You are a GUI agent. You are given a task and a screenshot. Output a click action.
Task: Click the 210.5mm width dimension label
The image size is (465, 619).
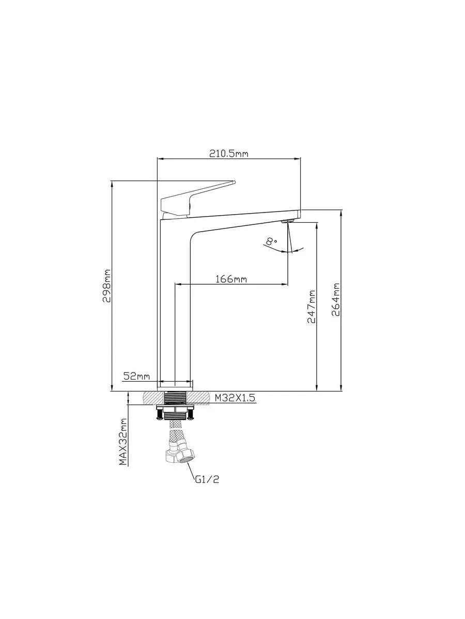click(x=229, y=154)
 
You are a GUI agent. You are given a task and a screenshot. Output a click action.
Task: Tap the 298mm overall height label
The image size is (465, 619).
click(x=107, y=286)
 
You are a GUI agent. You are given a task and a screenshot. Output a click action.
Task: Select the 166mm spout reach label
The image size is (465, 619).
click(x=231, y=279)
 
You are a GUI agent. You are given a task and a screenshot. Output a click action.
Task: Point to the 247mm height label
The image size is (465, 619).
click(x=312, y=306)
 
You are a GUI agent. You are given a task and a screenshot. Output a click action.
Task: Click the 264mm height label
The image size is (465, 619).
click(x=335, y=300)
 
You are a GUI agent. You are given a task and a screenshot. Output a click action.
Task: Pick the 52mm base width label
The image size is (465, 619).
click(x=136, y=376)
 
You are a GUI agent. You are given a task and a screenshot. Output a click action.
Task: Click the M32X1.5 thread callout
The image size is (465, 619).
click(x=235, y=398)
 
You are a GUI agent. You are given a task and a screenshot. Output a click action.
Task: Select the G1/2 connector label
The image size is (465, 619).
click(x=207, y=479)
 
